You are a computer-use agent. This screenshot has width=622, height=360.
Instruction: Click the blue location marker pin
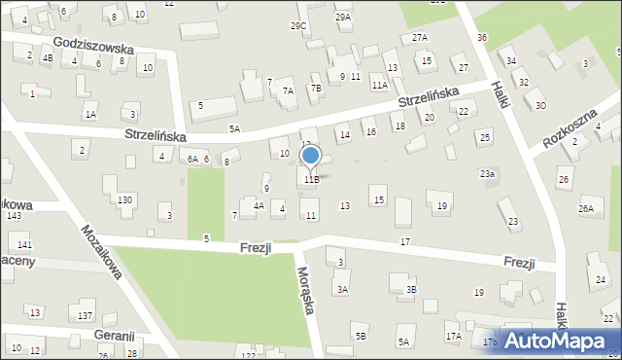tap(311, 156)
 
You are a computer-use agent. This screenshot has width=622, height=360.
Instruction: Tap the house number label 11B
tap(311, 179)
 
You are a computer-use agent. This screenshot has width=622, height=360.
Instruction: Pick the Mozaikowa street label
tap(101, 254)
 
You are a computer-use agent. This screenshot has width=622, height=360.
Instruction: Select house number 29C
tap(298, 25)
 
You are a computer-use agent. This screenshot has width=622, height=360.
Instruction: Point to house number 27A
tap(419, 37)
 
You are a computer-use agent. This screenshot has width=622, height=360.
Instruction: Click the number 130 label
tap(124, 199)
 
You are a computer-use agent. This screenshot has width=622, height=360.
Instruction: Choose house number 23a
tap(487, 173)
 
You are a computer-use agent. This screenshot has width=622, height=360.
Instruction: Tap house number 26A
tap(586, 208)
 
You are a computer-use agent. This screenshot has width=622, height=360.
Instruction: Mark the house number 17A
tap(453, 337)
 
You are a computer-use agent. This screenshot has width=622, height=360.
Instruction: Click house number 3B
tap(411, 289)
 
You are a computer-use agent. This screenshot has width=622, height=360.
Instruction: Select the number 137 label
tap(86, 315)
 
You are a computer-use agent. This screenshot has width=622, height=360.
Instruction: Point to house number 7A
tap(288, 90)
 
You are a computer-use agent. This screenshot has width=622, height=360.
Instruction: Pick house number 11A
tap(379, 86)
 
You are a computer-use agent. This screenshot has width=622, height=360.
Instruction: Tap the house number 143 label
tap(14, 215)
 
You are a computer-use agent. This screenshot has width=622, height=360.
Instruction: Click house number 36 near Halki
tap(482, 37)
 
